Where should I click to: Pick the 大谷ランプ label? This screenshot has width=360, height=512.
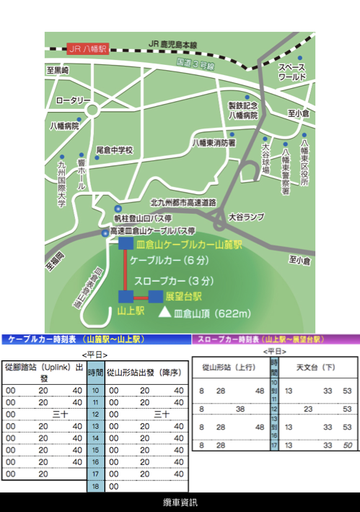point(247,216)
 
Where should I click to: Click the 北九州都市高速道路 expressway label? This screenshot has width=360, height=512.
point(183,202)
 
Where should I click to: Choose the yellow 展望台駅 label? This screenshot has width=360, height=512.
point(183,296)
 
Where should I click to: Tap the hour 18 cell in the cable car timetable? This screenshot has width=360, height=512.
point(95,487)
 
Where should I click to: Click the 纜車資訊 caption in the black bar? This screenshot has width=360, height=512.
point(180,502)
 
